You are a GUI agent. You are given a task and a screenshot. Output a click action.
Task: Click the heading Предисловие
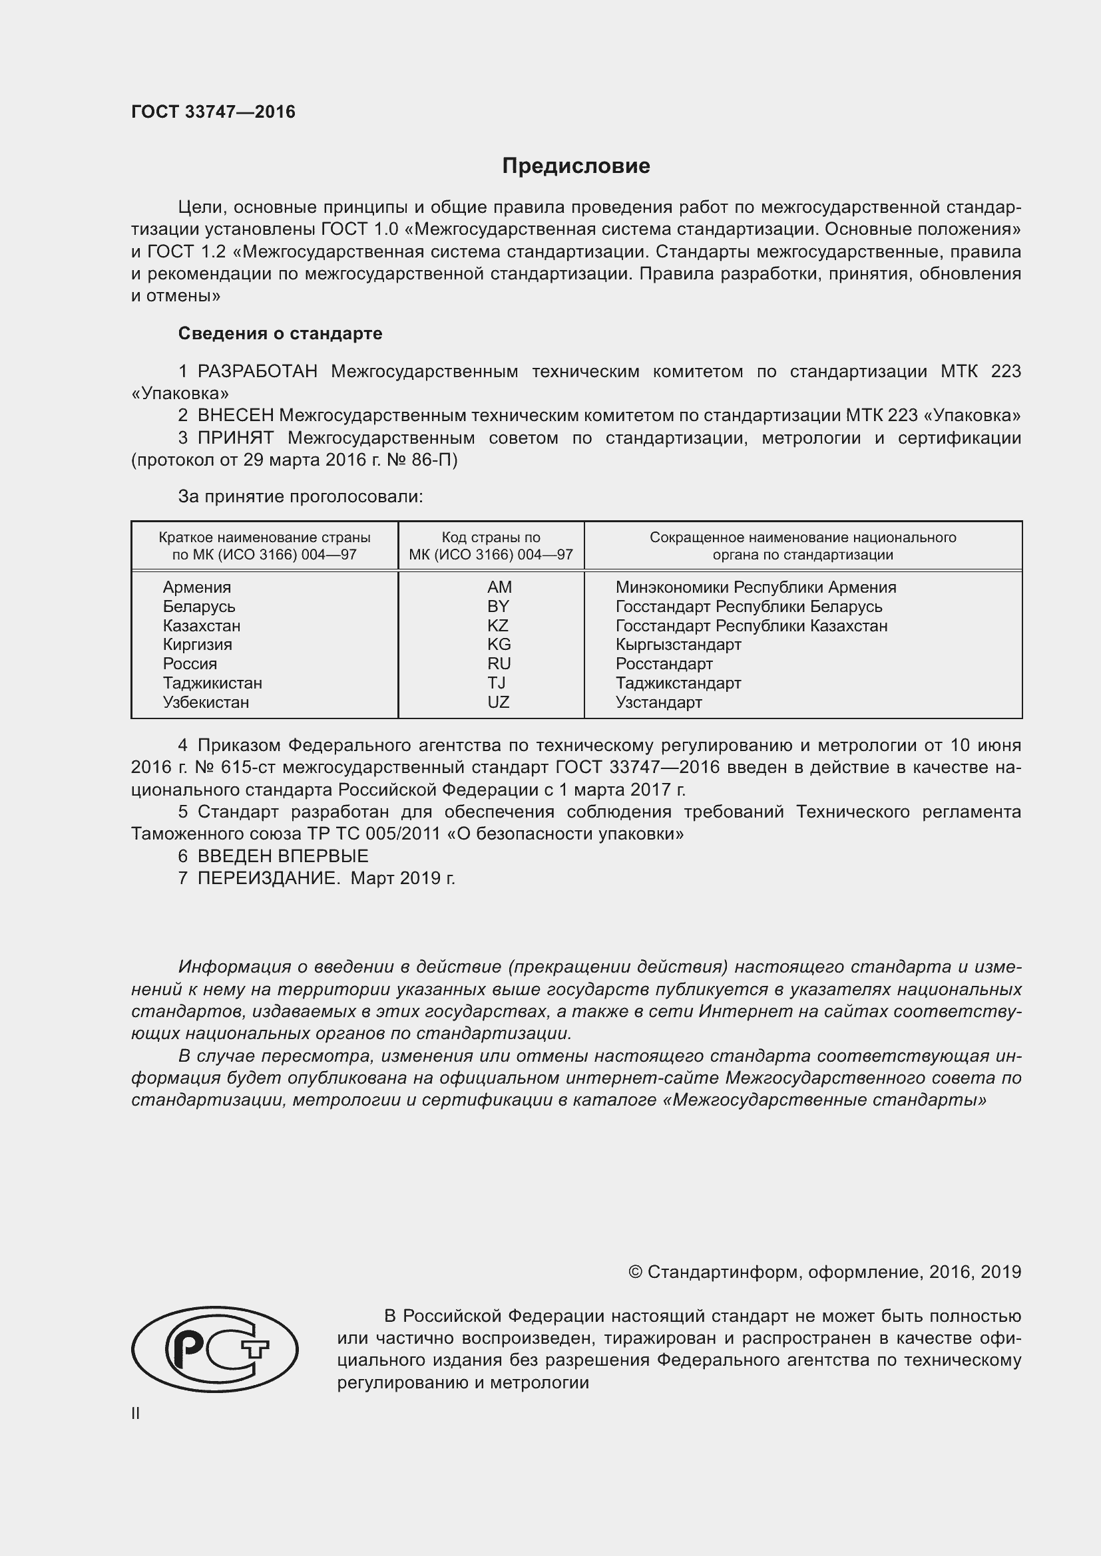coord(576,166)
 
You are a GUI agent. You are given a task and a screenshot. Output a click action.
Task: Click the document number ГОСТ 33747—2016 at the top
coord(213,112)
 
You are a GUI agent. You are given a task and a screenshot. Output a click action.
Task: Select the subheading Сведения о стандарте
coord(280,333)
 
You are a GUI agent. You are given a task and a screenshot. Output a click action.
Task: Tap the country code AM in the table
coord(499,587)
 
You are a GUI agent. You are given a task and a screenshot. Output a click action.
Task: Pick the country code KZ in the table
coord(498,625)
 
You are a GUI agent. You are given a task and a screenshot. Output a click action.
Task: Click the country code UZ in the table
coord(499,702)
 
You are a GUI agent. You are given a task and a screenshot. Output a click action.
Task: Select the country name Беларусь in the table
coord(198,607)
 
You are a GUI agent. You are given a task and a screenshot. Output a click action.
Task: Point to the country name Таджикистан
coord(212,683)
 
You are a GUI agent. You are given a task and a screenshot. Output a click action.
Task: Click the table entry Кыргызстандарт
coord(678,645)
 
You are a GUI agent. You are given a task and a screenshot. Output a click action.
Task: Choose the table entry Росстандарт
coord(664,663)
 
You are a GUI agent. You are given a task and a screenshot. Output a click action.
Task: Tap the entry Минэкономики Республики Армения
coord(756,587)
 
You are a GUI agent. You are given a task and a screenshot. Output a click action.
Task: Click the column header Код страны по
coord(491,538)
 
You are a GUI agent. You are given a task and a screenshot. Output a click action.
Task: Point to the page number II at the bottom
coord(136,1413)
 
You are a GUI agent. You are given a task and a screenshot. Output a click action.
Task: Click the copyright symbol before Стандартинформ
coord(635,1272)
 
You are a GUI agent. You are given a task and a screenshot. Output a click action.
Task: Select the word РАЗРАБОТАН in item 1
coord(257,371)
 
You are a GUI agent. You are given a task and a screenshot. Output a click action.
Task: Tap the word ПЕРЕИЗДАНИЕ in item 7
coord(268,878)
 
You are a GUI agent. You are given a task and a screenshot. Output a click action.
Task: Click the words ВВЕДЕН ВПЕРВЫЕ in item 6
coord(283,856)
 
